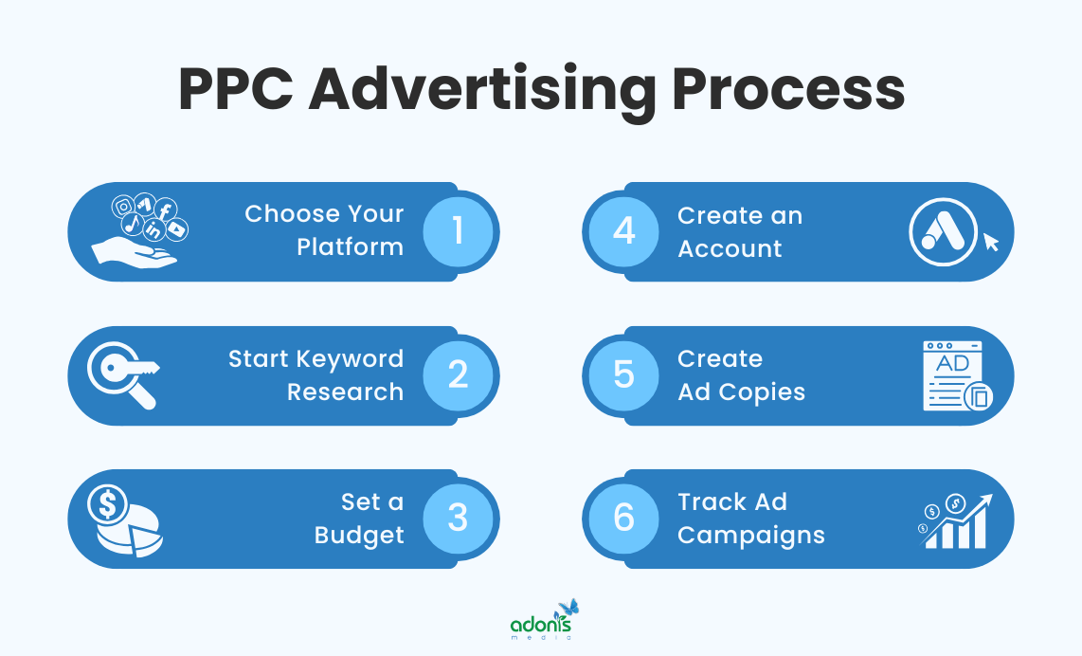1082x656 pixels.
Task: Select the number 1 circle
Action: [459, 231]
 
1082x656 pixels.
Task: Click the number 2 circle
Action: [459, 374]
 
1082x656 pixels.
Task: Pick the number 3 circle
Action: [459, 519]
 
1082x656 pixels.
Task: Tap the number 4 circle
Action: [623, 231]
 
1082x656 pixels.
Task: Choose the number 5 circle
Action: [623, 374]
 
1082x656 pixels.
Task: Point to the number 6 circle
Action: [623, 519]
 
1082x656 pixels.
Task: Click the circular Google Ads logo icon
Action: [943, 232]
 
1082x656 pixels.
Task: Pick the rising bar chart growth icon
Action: [957, 520]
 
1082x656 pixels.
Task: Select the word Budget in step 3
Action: [359, 536]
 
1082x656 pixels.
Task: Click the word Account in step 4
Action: [730, 248]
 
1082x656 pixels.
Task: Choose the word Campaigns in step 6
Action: [750, 536]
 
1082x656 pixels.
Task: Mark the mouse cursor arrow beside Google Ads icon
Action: [990, 243]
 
